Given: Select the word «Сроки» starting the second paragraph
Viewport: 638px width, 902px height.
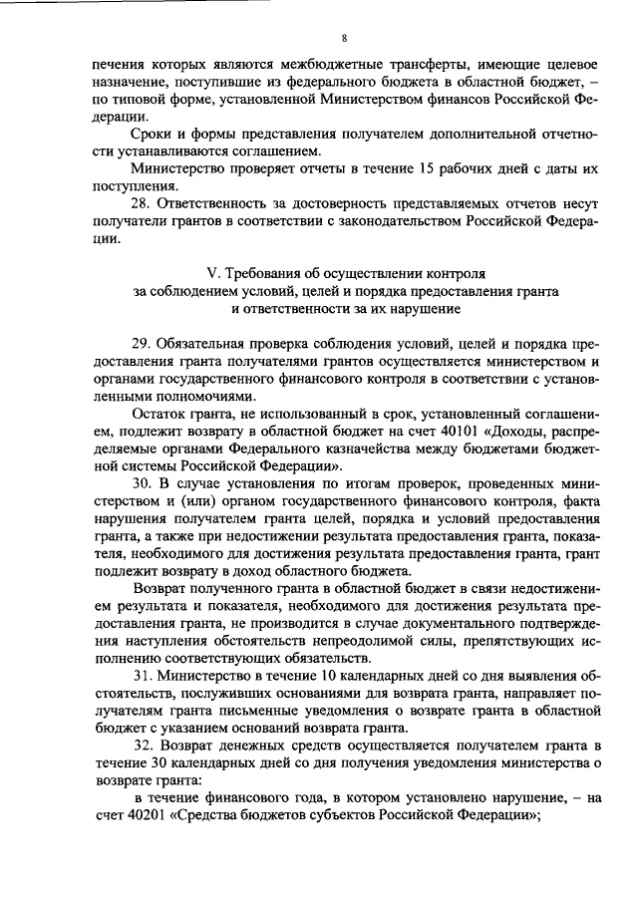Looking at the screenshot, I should click(152, 134).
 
